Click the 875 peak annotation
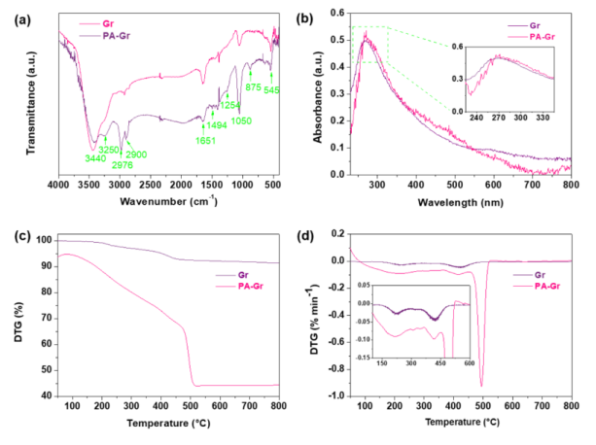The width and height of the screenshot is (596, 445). [x=253, y=87]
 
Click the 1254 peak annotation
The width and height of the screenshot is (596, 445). [x=229, y=105]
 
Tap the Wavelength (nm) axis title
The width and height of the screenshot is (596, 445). [x=455, y=201]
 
